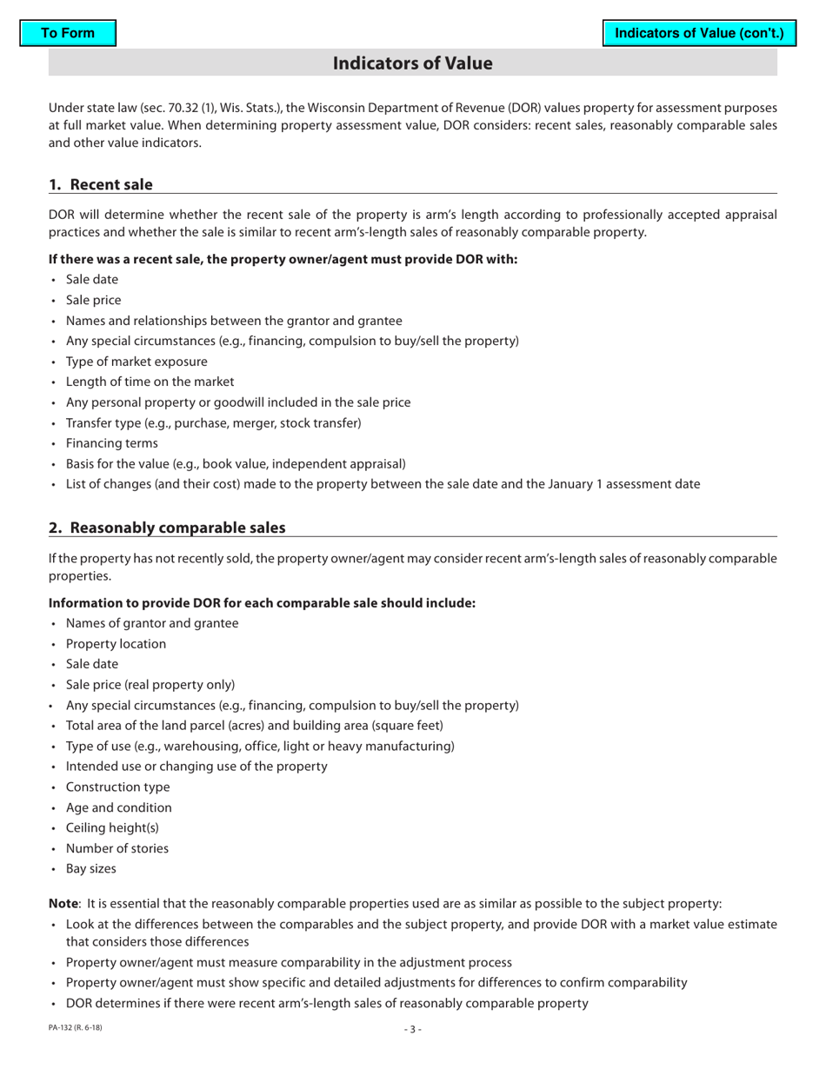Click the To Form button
click(68, 33)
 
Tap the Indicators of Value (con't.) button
click(699, 33)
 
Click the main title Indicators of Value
click(412, 63)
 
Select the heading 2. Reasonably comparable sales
click(166, 528)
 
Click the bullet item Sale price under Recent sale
click(93, 300)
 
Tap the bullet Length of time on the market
click(150, 382)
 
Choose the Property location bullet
click(116, 644)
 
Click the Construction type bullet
click(117, 787)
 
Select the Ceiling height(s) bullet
click(112, 828)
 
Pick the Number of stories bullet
click(117, 848)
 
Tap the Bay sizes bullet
click(90, 869)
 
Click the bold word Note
click(63, 904)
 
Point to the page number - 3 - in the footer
click(412, 1030)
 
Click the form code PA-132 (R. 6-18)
click(75, 1029)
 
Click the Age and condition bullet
click(118, 807)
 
